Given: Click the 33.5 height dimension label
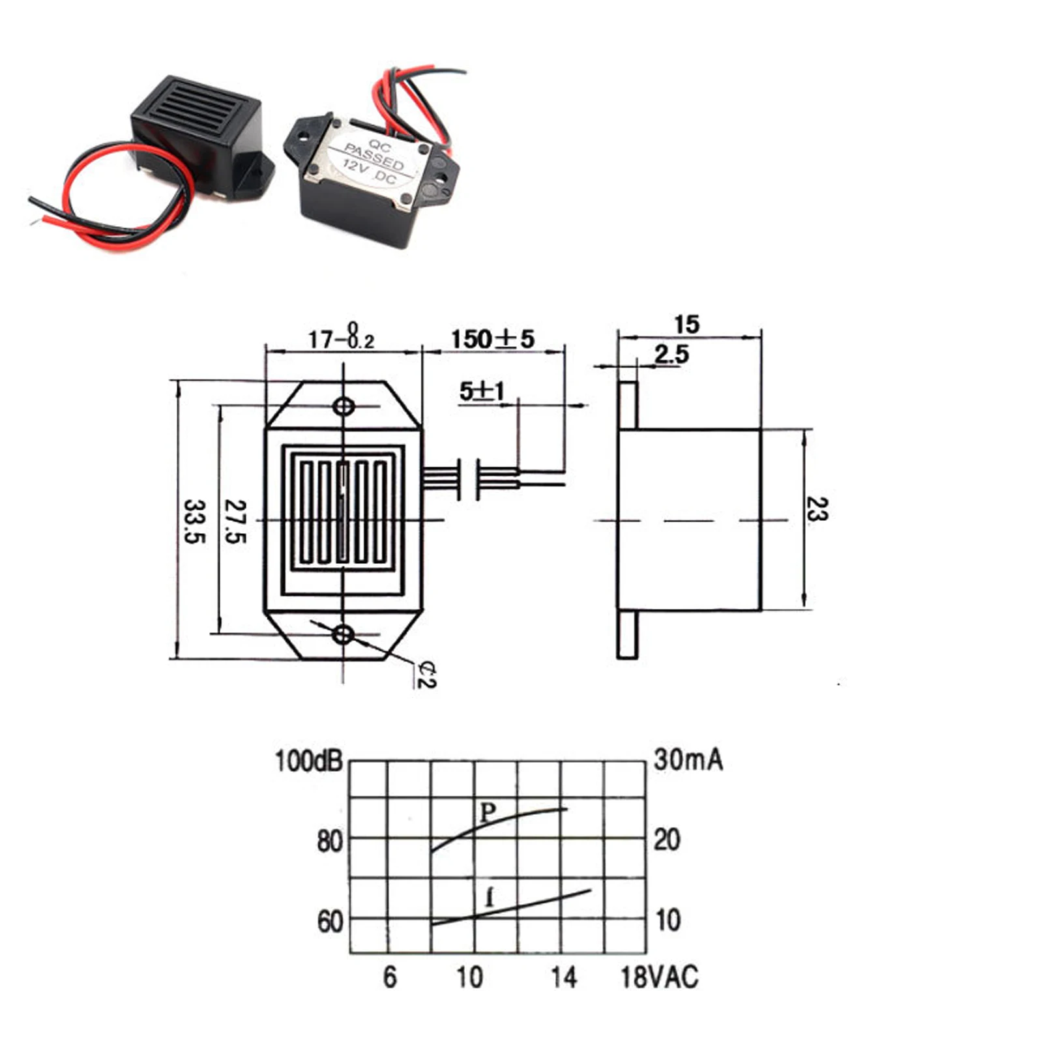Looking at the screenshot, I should coord(195,521).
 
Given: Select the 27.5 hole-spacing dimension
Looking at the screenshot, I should coord(235,521).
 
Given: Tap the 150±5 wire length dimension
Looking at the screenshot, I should coord(492,339).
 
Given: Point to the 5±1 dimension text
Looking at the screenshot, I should coord(482,391).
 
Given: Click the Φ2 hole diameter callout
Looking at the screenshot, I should coord(427,675).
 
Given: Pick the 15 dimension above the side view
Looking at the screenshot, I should coord(686,325).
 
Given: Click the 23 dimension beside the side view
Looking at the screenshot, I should coord(816,509).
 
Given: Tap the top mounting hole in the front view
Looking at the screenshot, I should coord(344,407).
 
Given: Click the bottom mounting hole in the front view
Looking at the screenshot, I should coord(343,634).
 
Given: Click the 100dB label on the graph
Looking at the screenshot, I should coord(308,761).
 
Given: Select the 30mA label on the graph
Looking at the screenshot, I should coord(688,760).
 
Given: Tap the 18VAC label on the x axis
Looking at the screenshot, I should coord(659,977).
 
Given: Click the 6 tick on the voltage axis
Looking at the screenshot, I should coord(389,977).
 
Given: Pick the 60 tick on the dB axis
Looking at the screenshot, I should coord(330,922).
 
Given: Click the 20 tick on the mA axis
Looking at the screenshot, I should coord(666,840).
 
